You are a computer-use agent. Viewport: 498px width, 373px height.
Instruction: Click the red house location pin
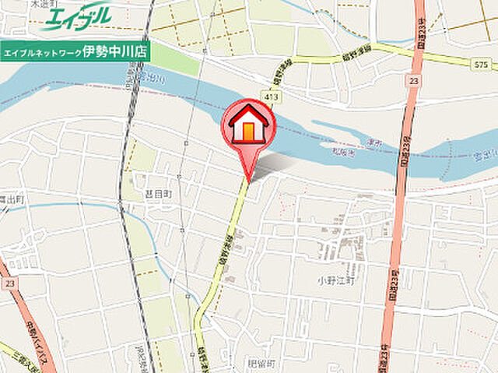point(248,126)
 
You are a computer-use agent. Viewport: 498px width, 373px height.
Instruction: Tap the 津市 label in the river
point(372,143)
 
